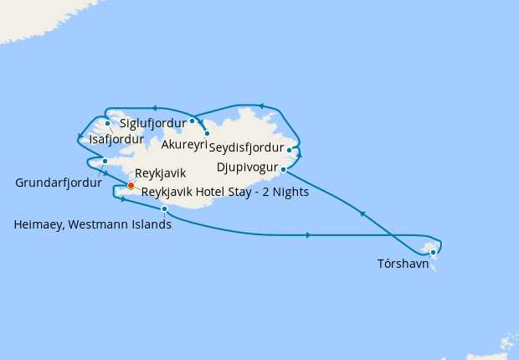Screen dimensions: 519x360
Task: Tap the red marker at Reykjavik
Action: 131,185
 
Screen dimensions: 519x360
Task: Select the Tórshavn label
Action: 403,264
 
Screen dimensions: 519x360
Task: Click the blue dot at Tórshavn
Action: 433,252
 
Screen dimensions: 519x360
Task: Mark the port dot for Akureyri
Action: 207,133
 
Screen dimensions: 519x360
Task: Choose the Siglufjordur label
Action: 153,123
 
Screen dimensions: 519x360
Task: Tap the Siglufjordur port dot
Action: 192,121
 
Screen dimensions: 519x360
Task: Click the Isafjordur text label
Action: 116,139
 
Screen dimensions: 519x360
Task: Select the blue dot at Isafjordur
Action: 108,123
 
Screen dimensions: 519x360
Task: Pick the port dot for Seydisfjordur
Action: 289,151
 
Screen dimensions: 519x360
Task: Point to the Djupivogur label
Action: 247,167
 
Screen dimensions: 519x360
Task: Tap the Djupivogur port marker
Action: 283,169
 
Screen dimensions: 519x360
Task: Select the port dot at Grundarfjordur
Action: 105,161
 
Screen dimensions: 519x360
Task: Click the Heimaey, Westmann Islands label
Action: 93,224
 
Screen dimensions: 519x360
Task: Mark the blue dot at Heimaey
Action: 164,208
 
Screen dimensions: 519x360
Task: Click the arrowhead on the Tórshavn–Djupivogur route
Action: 362,214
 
